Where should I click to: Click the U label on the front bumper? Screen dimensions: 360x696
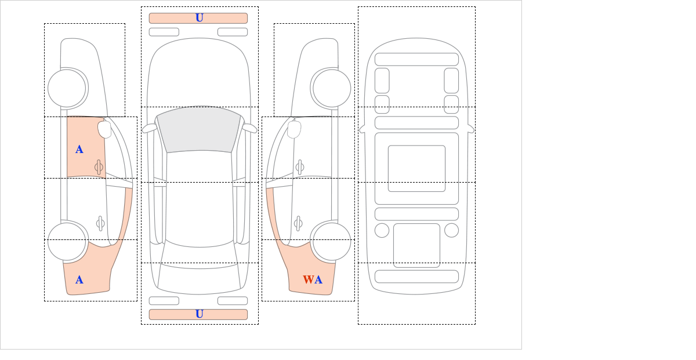pyautogui.click(x=200, y=18)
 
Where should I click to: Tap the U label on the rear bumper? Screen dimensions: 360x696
pyautogui.click(x=200, y=314)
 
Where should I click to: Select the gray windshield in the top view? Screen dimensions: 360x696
pyautogui.click(x=199, y=130)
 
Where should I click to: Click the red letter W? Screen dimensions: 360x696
pyautogui.click(x=308, y=280)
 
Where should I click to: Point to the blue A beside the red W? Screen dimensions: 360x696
pyautogui.click(x=318, y=280)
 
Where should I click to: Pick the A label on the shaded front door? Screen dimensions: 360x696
pyautogui.click(x=79, y=150)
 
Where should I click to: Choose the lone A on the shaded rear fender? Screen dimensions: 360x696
pyautogui.click(x=79, y=280)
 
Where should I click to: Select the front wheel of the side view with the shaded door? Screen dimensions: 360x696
pyautogui.click(x=67, y=88)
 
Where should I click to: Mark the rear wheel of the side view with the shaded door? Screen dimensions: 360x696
pyautogui.click(x=67, y=241)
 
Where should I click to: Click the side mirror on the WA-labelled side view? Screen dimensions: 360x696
pyautogui.click(x=294, y=129)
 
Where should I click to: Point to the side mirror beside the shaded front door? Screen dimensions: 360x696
pyautogui.click(x=104, y=129)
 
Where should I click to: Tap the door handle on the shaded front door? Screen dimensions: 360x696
pyautogui.click(x=99, y=167)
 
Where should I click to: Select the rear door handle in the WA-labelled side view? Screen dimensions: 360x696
pyautogui.click(x=299, y=223)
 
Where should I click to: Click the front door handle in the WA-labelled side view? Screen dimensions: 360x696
pyautogui.click(x=300, y=167)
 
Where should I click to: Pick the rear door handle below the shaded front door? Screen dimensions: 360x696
pyautogui.click(x=100, y=223)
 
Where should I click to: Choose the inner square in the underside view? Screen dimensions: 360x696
pyautogui.click(x=416, y=168)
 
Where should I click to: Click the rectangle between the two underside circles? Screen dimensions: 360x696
pyautogui.click(x=416, y=245)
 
